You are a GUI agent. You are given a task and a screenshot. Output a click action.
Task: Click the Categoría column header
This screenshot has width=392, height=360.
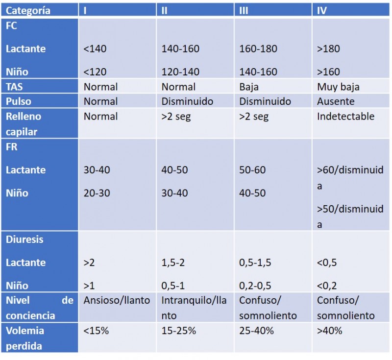(x=28, y=10)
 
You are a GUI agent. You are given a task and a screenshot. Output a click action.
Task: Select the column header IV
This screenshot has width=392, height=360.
(x=322, y=10)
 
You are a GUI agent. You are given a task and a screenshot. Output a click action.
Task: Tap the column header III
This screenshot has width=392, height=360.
(x=244, y=10)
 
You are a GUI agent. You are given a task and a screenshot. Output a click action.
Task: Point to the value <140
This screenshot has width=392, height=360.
(x=95, y=48)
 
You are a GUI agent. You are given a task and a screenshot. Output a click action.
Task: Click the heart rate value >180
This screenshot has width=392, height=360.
(x=328, y=48)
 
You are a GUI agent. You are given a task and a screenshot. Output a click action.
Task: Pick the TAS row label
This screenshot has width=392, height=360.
(x=14, y=87)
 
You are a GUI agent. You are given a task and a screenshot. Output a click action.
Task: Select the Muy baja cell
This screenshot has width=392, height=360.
(x=338, y=87)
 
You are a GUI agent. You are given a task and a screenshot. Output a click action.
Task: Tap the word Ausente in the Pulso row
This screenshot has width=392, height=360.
(x=336, y=101)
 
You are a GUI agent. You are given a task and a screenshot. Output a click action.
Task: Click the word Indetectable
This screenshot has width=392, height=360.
(x=346, y=116)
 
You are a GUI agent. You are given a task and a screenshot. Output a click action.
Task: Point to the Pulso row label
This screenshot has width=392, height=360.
(x=19, y=101)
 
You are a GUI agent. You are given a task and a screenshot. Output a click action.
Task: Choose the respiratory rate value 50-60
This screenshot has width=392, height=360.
(x=252, y=170)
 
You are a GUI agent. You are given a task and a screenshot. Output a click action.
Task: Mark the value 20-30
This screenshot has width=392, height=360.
(x=97, y=193)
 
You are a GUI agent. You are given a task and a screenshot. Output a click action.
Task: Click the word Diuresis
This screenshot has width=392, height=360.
(x=24, y=240)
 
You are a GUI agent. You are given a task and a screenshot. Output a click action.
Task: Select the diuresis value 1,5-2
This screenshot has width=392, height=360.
(x=173, y=263)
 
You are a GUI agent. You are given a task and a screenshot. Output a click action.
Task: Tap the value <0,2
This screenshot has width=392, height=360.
(x=327, y=286)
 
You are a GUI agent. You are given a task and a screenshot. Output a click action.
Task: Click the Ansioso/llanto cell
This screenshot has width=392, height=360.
(x=117, y=300)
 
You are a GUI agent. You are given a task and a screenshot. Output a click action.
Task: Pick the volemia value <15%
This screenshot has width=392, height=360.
(x=96, y=331)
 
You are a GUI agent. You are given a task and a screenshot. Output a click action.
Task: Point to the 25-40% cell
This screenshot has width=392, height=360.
(x=256, y=331)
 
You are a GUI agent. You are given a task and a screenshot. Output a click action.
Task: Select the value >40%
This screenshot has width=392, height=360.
(x=329, y=331)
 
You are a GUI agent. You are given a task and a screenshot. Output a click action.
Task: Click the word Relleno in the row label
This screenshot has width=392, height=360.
(x=24, y=117)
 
